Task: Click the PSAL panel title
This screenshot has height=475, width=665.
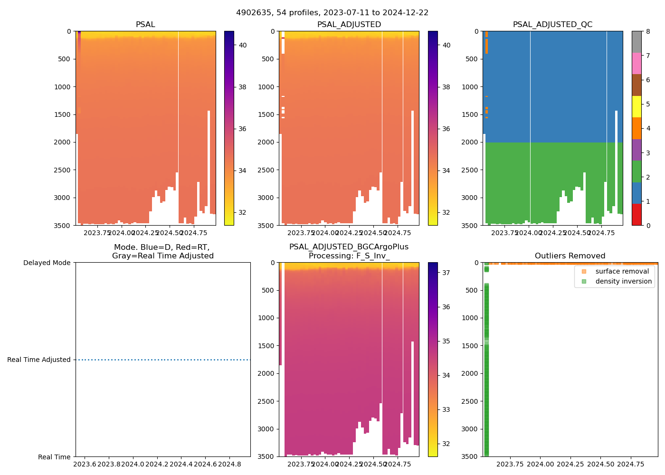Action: point(145,25)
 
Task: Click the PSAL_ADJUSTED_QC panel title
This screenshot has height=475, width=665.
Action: point(552,25)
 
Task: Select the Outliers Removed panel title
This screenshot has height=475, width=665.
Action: point(570,256)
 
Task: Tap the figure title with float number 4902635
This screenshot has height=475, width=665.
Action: point(332,13)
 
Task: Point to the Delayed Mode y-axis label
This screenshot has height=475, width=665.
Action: point(47,263)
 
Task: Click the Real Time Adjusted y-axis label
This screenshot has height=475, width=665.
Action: point(39,360)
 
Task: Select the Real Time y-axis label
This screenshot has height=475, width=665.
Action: point(54,457)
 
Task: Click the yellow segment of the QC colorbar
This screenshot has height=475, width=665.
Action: point(636,106)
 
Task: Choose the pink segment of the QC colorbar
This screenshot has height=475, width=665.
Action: point(636,63)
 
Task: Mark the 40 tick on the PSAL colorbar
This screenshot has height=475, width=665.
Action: point(243,45)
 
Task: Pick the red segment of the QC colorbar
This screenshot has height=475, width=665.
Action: point(636,214)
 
